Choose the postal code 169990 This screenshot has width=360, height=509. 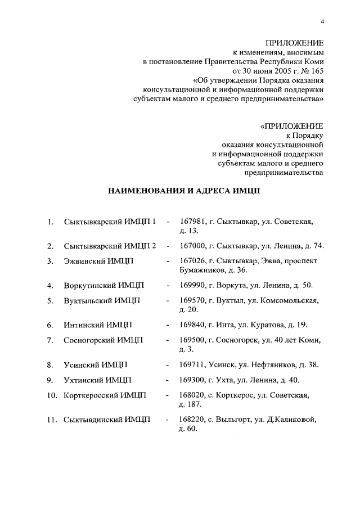192,285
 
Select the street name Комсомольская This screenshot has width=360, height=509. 292,300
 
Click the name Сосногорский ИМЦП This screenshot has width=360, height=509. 103,340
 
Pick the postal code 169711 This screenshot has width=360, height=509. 192,364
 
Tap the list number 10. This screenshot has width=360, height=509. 52,394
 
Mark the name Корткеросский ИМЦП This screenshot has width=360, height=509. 105,394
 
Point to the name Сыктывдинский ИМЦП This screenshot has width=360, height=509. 107,419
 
